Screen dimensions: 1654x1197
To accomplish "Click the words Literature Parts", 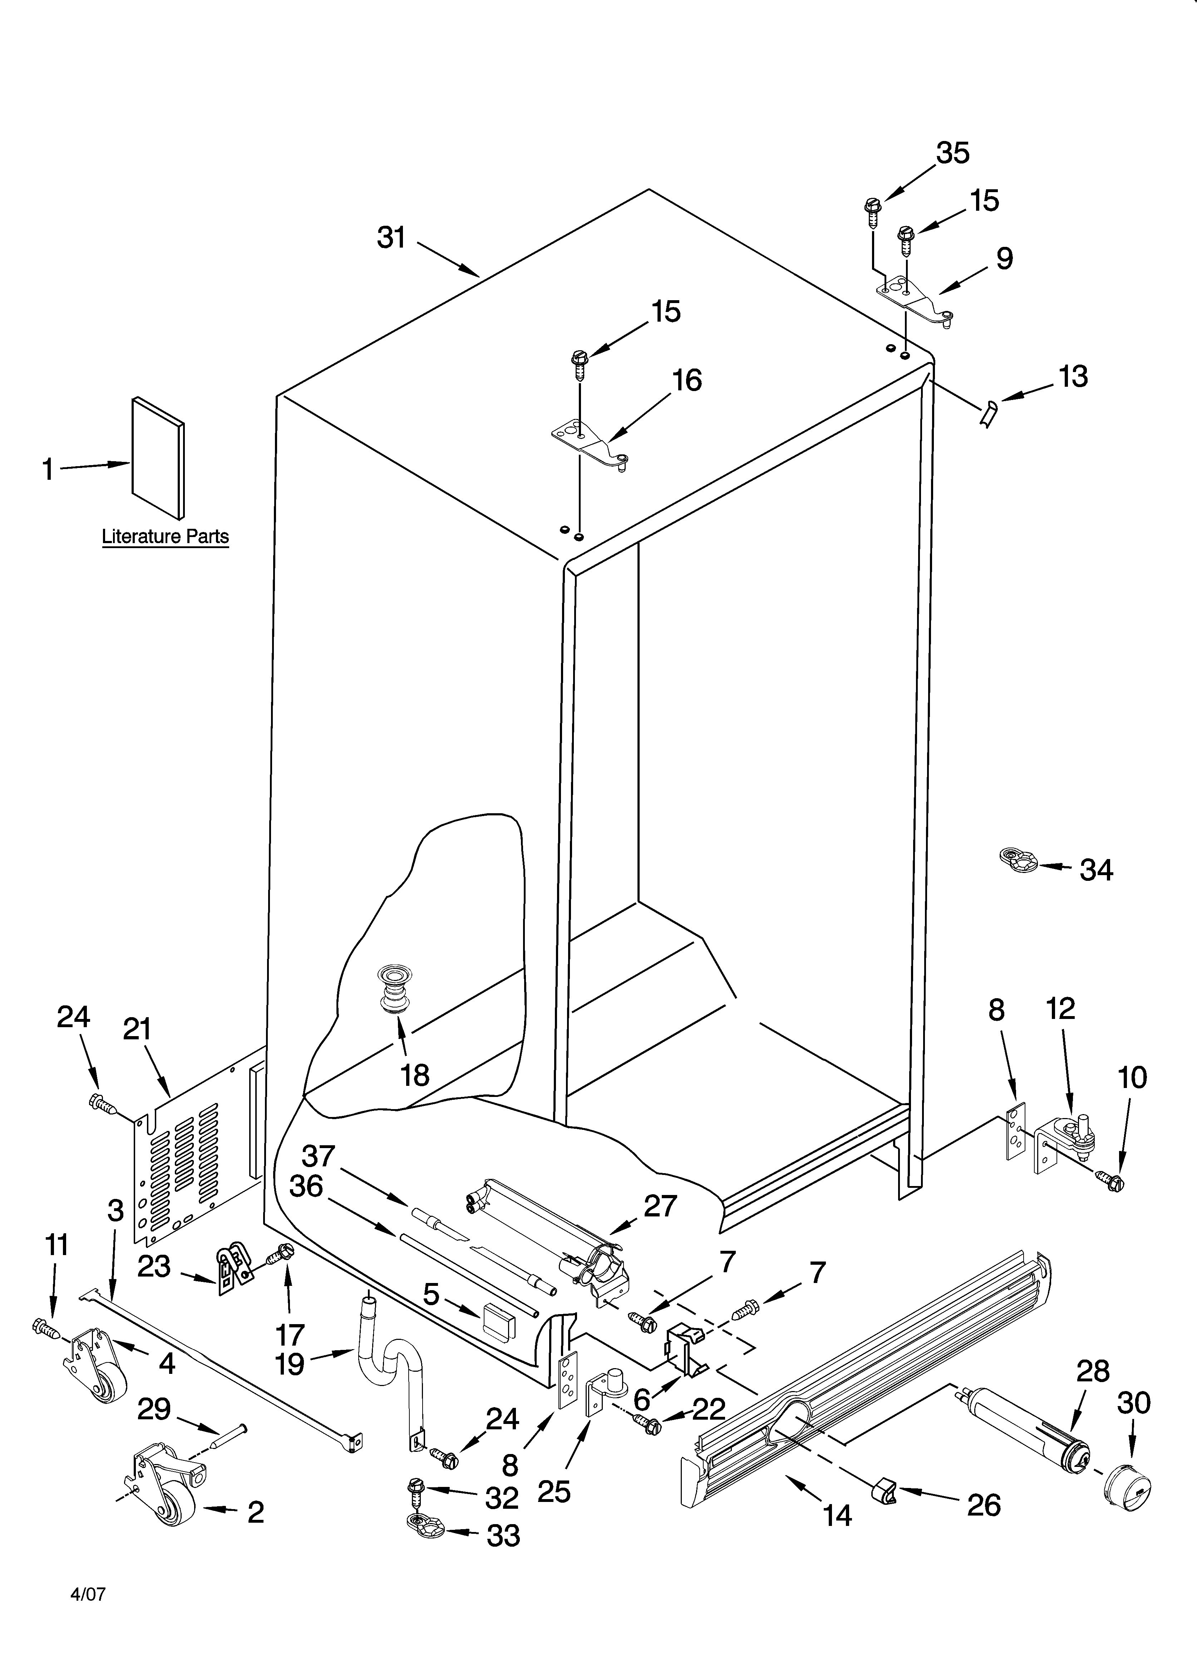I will pyautogui.click(x=166, y=537).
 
